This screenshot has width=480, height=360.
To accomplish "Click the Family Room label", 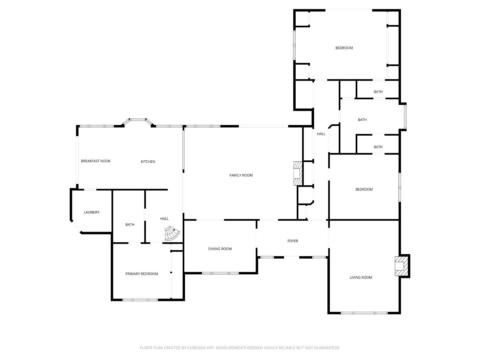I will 241,175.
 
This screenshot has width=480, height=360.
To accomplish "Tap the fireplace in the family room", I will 297,173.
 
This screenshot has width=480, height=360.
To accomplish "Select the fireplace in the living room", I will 400,266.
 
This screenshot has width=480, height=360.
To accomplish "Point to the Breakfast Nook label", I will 96,161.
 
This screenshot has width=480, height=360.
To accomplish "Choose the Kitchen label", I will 148,162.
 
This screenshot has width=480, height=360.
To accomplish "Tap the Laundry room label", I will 92,212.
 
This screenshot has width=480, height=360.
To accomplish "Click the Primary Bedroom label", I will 142,274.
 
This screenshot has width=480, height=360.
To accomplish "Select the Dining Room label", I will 220,249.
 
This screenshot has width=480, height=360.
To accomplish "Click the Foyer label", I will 293,241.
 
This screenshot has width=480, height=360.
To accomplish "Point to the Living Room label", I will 361,277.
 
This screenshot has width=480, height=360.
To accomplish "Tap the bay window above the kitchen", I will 138,120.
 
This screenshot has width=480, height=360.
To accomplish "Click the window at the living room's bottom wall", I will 364,313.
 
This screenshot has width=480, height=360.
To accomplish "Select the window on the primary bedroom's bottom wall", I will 140,300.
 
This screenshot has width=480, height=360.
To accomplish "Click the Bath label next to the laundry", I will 130,225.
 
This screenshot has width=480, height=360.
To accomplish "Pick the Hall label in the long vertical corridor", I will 321,134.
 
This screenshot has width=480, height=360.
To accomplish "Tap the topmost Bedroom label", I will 344,48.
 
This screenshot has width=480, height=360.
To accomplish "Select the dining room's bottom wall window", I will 220,273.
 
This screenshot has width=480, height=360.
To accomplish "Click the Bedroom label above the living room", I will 364,189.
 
